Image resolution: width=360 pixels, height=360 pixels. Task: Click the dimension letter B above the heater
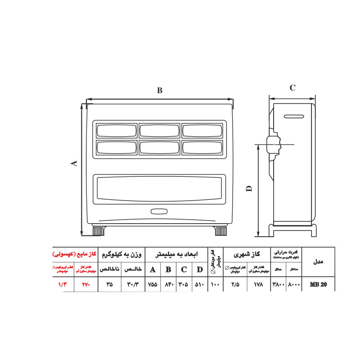point(159,90)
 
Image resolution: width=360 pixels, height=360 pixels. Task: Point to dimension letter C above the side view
point(292,88)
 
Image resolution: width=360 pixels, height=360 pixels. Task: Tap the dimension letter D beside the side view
point(249,189)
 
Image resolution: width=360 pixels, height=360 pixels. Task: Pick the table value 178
point(258,285)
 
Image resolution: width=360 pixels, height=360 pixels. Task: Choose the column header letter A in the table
point(153,270)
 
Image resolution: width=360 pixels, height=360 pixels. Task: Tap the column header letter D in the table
point(199,270)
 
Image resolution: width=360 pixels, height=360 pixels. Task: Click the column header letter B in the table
point(168,270)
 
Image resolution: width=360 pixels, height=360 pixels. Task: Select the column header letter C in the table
point(184,270)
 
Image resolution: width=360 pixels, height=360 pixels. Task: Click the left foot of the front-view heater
point(99,231)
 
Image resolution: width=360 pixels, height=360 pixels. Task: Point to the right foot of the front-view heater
point(220,231)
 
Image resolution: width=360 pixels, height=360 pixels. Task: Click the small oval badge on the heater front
point(159,211)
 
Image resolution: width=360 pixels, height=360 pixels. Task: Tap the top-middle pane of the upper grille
point(159,130)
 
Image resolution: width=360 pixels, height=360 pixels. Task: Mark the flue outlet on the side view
point(273,144)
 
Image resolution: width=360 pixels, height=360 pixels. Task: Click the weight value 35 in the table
point(109,285)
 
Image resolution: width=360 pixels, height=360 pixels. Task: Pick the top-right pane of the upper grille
point(202,130)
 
